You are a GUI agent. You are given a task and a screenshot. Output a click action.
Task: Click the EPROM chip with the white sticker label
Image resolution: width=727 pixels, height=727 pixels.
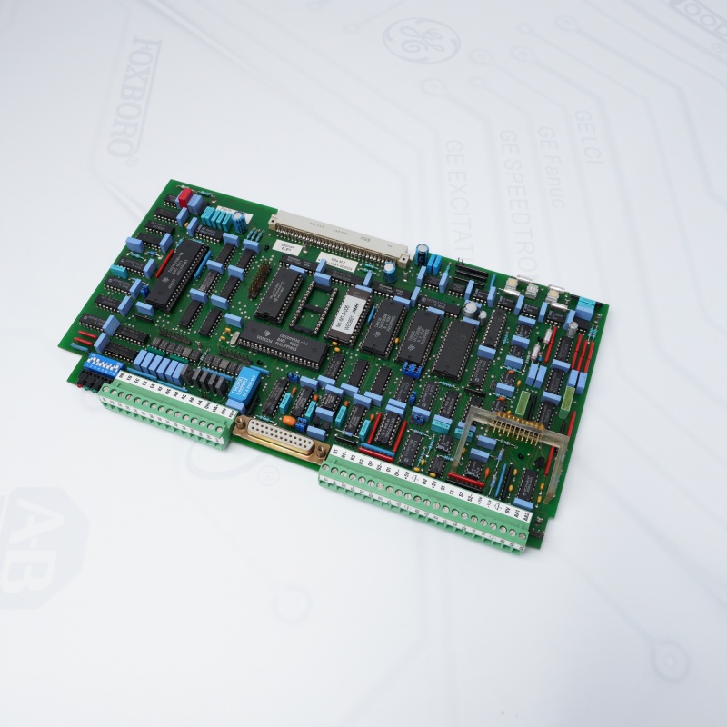[349, 314]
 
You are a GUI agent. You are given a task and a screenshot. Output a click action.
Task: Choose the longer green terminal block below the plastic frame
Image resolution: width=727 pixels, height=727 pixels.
[427, 504]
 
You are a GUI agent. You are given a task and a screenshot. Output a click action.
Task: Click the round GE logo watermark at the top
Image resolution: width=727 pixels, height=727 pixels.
[421, 41]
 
